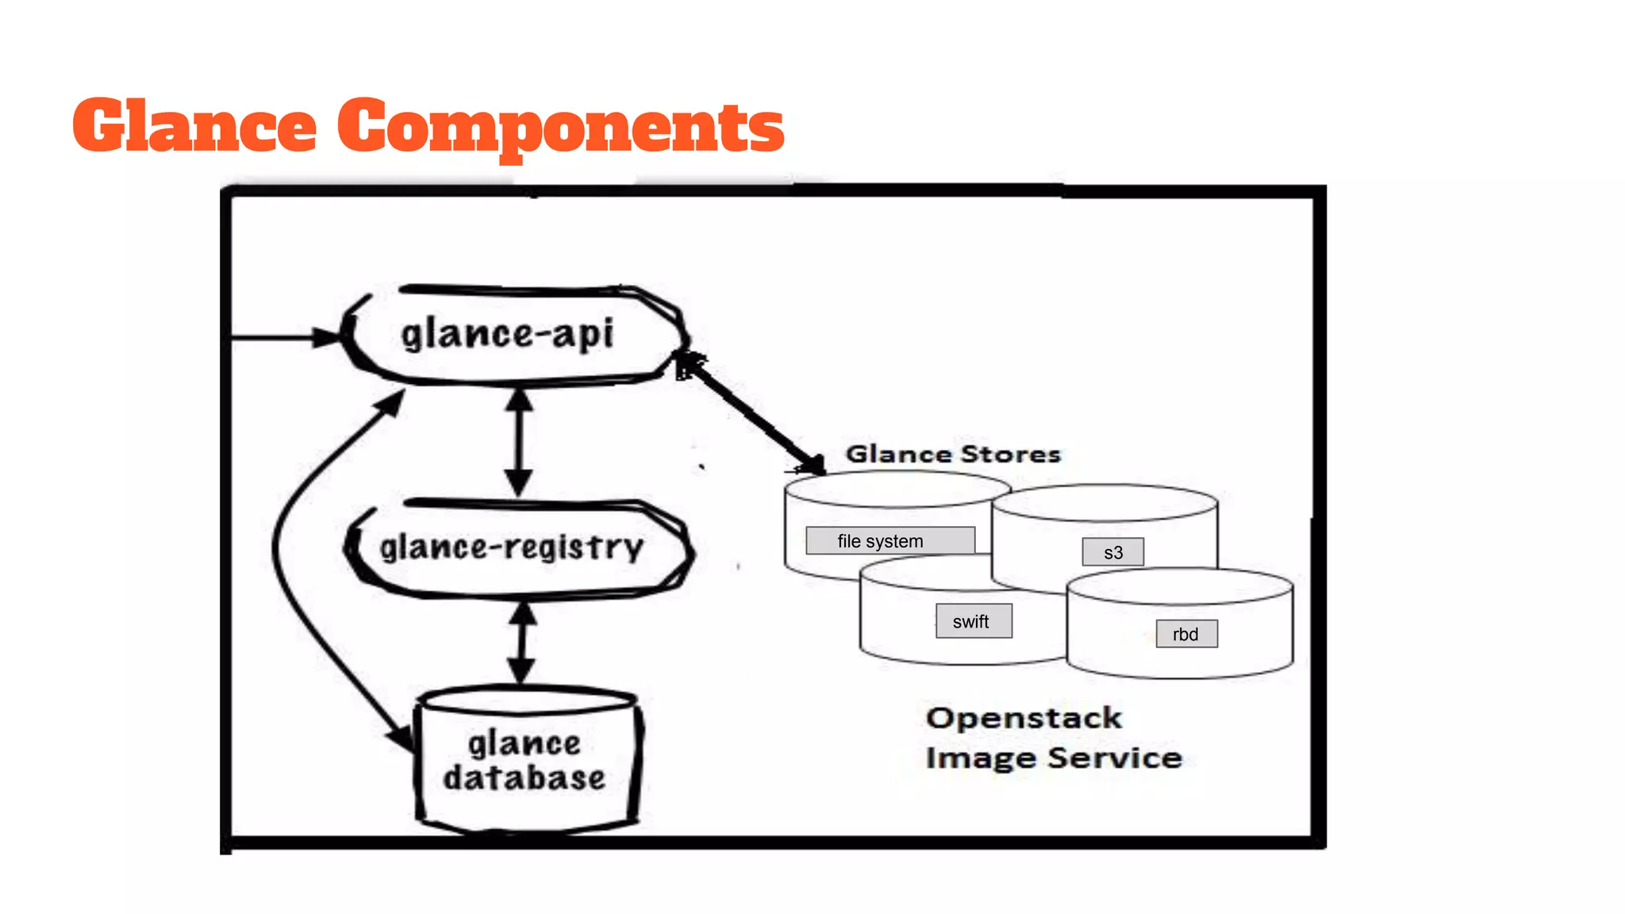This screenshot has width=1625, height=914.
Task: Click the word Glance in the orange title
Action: [194, 125]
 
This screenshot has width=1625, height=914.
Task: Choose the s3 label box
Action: [1113, 552]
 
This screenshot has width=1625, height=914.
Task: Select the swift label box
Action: [974, 621]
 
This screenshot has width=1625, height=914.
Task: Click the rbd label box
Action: [1186, 634]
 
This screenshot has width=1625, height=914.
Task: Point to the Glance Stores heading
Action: [953, 454]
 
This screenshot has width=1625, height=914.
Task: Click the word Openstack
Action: [1024, 718]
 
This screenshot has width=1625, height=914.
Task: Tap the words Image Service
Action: [1054, 758]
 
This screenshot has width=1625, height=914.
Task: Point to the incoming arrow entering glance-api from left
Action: [286, 337]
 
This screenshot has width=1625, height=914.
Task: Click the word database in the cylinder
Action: [524, 778]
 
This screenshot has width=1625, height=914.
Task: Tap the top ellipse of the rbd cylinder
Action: [1181, 588]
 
